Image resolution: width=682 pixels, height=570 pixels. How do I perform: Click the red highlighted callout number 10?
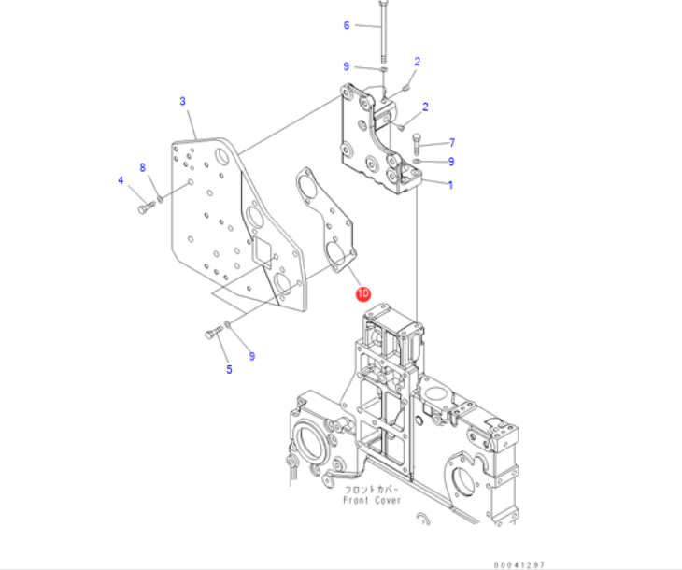click(363, 293)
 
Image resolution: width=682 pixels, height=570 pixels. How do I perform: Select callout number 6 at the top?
click(346, 25)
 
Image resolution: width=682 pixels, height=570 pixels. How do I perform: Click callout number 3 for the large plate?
click(183, 100)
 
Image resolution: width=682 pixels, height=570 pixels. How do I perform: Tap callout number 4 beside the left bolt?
click(121, 179)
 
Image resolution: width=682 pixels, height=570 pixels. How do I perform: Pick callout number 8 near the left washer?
click(143, 167)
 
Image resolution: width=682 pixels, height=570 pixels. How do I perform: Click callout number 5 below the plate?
click(229, 369)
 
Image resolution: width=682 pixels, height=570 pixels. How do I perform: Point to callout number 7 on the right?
click(451, 143)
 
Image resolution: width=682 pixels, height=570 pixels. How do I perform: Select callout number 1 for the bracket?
click(450, 185)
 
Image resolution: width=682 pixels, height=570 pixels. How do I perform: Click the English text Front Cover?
click(372, 500)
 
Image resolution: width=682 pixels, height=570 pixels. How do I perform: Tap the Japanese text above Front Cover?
click(372, 489)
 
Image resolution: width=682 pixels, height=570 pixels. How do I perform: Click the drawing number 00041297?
click(519, 563)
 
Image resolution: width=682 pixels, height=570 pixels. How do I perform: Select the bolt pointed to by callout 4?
click(145, 208)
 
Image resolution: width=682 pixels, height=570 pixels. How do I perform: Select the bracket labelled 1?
click(374, 140)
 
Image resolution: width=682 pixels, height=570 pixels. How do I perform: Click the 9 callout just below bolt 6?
click(346, 66)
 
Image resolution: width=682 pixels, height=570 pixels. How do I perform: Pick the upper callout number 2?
click(418, 62)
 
